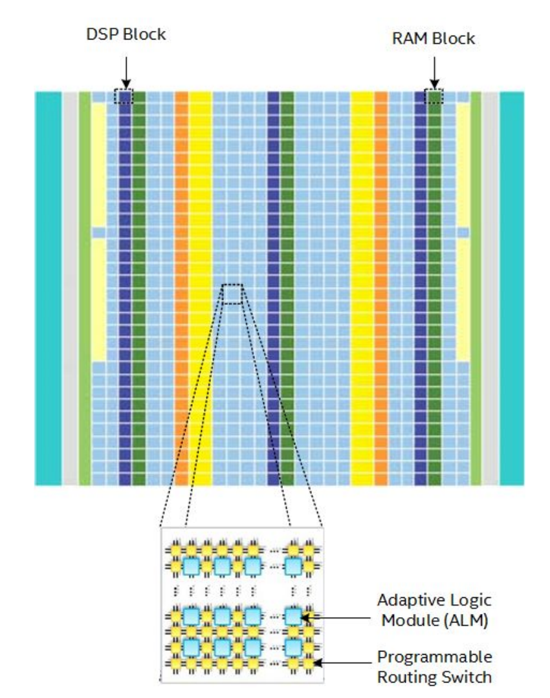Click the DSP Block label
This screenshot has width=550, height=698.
coord(126,34)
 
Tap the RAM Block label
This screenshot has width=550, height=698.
coord(434,38)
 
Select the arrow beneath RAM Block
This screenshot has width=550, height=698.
coord(434,72)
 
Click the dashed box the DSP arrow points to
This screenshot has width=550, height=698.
coord(124,96)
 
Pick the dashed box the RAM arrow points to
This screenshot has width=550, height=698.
coord(434,96)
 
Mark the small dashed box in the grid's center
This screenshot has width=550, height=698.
coord(232,293)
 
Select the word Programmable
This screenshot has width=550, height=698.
coord(435,657)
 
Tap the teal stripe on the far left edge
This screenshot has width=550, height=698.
coord(48,288)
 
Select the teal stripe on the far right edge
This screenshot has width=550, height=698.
coord(512,288)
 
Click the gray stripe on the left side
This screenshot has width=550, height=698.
coord(70,288)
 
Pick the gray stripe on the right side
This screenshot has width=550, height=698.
coord(490,288)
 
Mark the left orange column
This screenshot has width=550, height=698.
coord(181,288)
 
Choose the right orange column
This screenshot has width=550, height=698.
coord(380,288)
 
